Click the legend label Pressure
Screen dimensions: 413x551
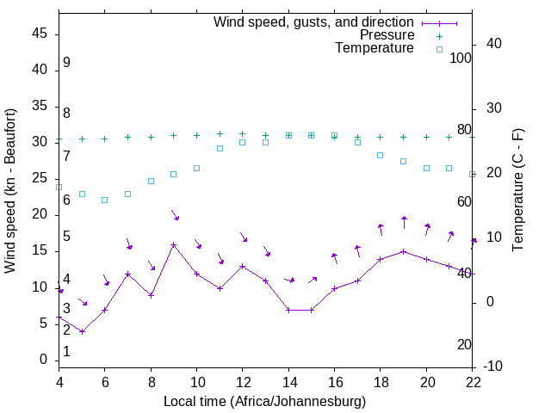pos(387,35)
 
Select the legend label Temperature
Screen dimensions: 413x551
pos(375,48)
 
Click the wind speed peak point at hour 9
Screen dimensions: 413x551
pos(174,244)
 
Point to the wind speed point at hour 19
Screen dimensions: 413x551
pos(404,251)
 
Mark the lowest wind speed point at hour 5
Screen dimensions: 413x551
pos(82,331)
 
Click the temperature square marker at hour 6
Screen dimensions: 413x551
pos(105,200)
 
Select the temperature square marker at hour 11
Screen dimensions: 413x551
pos(220,148)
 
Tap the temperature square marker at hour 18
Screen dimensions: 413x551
pos(381,155)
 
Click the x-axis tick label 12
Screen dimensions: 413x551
pos(243,383)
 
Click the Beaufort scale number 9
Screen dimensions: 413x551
pos(66,63)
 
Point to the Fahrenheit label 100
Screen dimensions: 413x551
pos(461,58)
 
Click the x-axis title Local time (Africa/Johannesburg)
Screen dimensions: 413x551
pos(265,402)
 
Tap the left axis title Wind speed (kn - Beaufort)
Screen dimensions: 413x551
pos(10,191)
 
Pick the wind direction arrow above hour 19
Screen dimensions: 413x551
pos(404,222)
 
